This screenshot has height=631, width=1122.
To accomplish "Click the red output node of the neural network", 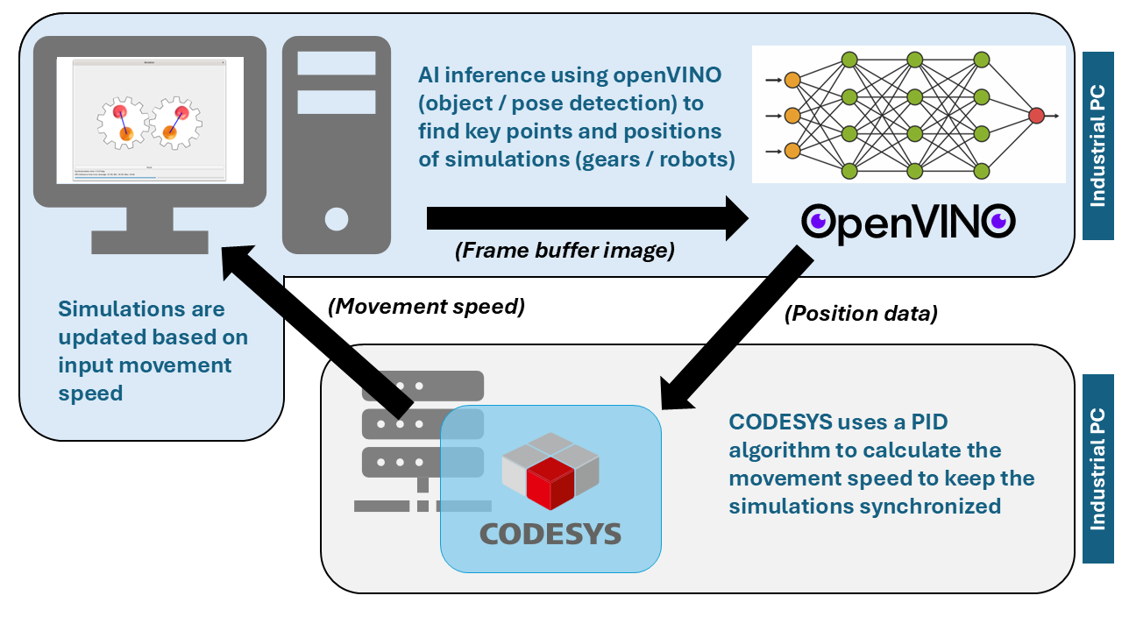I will point(1036,115).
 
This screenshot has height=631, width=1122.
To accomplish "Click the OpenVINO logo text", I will point(909,223).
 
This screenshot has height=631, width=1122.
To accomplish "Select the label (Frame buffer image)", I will point(565,251).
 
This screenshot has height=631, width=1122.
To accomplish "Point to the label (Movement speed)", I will point(426,308).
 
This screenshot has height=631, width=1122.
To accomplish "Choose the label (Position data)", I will point(860,314).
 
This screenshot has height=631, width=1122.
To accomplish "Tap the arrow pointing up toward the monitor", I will point(316,333).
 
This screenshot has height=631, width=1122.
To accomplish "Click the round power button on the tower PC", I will point(336,217).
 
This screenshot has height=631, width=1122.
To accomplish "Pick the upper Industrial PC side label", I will point(1097,145).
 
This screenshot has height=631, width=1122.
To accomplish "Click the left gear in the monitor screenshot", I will point(124,124).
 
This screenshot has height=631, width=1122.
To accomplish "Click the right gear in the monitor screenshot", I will point(175,123).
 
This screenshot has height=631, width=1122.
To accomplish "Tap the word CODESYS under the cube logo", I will point(550,534).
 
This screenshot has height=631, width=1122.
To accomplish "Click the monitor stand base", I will point(150,242).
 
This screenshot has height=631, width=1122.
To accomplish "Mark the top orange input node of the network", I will point(792,80).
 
